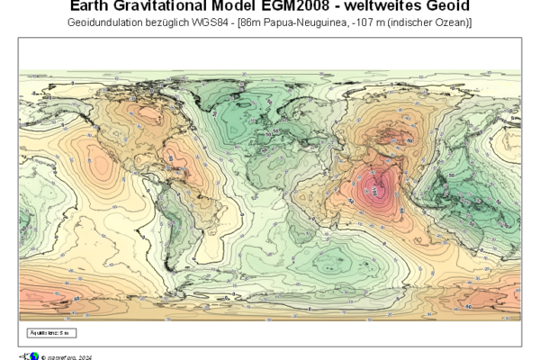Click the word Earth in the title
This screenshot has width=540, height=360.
click(90, 6)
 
